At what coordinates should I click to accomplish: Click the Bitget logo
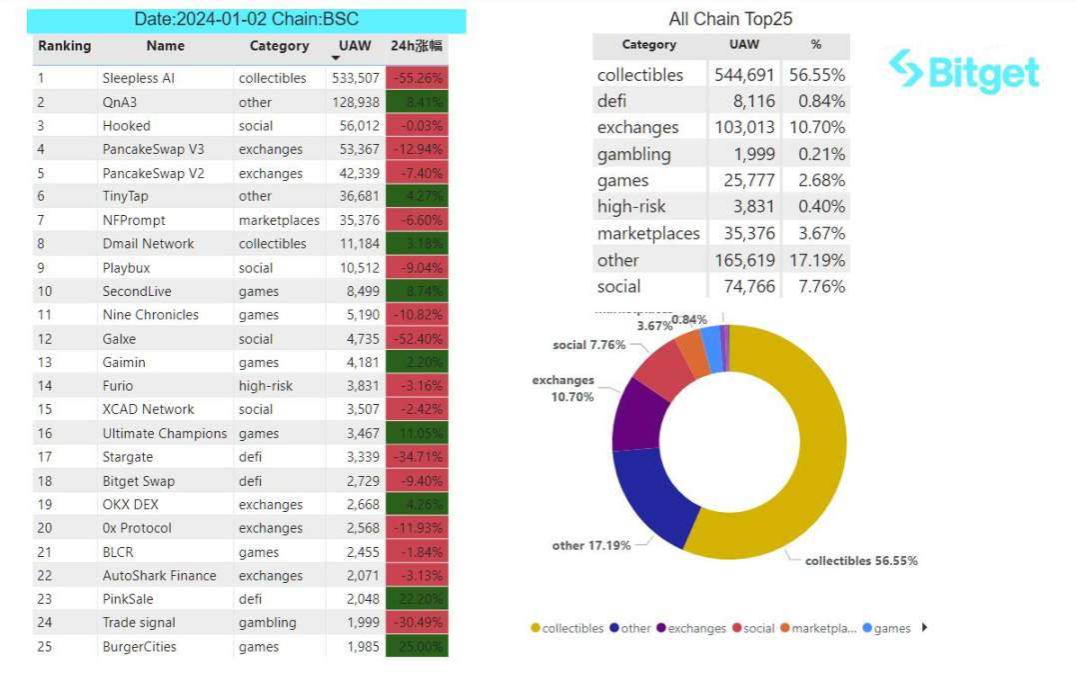pos(963,71)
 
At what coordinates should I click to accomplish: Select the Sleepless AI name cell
pos(138,78)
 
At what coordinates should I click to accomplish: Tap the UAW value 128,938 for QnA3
pos(353,102)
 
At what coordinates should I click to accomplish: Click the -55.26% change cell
pos(418,78)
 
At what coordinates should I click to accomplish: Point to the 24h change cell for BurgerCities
pos(418,647)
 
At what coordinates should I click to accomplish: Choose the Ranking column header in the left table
pos(64,46)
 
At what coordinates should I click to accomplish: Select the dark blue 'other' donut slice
pos(654,495)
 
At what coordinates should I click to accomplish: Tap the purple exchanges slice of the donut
pos(634,412)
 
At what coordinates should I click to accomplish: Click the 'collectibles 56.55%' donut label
pos(861,561)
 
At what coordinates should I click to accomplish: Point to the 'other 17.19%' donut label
pos(590,546)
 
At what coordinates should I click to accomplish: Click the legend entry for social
pos(753,629)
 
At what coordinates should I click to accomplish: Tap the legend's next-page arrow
pos(924,628)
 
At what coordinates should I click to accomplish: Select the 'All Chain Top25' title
pos(730,19)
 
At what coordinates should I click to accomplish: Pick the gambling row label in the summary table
pos(633,154)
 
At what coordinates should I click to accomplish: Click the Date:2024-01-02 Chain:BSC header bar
pos(246,20)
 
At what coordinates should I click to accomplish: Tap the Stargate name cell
pos(128,457)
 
